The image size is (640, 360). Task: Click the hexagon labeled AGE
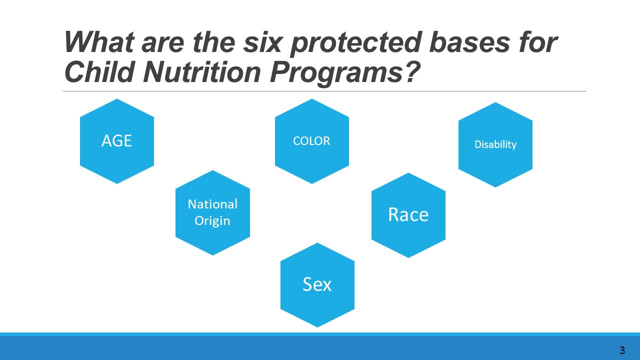(x=117, y=141)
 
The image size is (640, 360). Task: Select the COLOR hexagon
(x=311, y=141)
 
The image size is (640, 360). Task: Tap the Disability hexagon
(x=495, y=144)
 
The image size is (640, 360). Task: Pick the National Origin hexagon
(x=212, y=212)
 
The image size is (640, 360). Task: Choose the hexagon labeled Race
(x=408, y=215)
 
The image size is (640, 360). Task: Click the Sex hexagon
(x=317, y=285)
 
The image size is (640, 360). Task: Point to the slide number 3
(x=622, y=350)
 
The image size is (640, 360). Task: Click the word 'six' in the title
(x=262, y=42)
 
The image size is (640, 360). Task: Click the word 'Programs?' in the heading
(x=345, y=73)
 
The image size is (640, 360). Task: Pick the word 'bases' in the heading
(x=469, y=42)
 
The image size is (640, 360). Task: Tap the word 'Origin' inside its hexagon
(x=212, y=221)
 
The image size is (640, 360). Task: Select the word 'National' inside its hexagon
(x=212, y=204)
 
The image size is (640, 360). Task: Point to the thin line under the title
(x=324, y=91)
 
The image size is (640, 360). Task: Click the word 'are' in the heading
(x=162, y=45)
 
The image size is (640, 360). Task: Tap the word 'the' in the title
(x=214, y=42)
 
